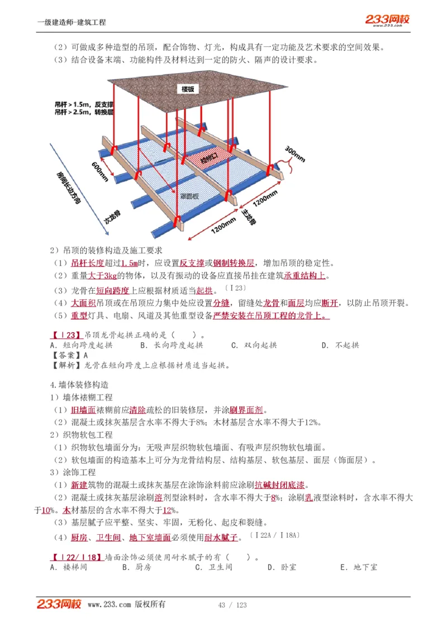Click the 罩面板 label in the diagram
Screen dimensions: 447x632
pos(190,195)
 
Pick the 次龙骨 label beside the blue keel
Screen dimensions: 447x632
pos(113,217)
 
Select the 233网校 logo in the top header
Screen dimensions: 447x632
pos(387,20)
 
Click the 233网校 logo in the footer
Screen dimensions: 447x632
pos(60,604)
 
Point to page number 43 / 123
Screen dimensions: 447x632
pos(232,605)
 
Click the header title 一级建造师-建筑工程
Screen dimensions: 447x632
pos(72,22)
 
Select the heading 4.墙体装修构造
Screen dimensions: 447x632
pos(79,385)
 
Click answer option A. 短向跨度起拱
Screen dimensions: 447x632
pos(81,345)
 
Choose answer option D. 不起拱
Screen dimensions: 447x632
pos(340,345)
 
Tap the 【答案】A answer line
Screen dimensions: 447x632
pos(69,355)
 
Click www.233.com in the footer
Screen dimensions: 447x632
pos(110,605)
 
